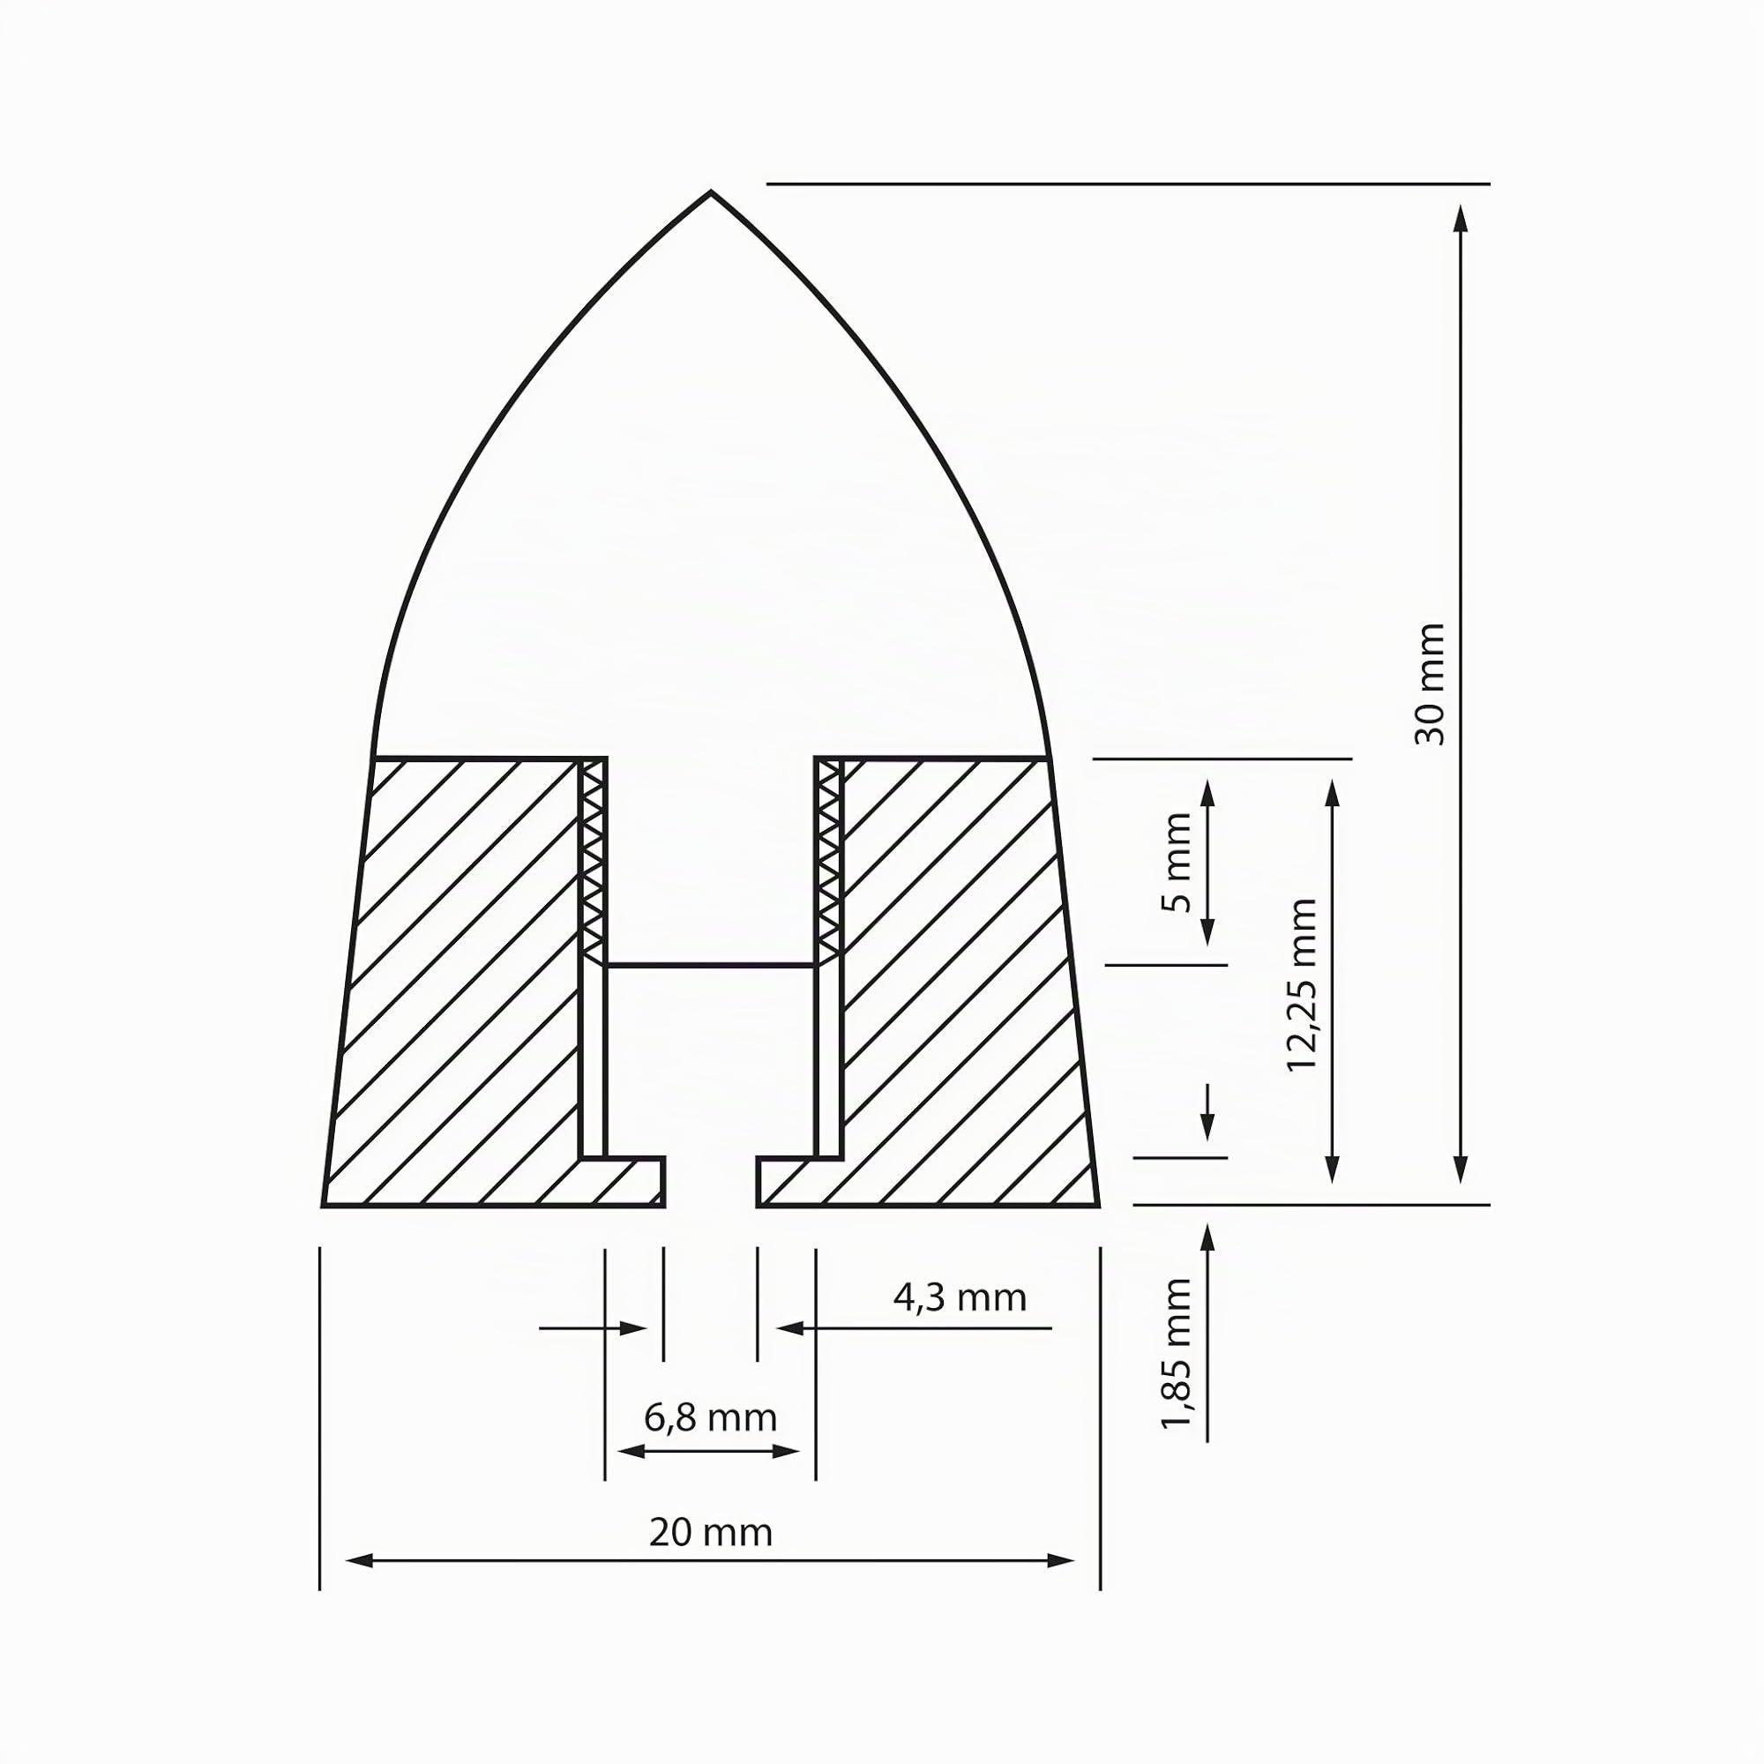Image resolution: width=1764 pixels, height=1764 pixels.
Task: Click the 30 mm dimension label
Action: coord(1430,684)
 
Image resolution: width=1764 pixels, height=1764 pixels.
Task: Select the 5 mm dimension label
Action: coord(1177,862)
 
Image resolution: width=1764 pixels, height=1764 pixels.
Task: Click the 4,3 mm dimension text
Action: coord(960,1297)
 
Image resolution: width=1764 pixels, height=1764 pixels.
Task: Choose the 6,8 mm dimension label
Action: coord(710,1418)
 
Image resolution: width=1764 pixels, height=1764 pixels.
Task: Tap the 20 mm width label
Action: coord(710,1532)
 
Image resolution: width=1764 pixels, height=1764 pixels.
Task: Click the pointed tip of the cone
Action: coord(711,191)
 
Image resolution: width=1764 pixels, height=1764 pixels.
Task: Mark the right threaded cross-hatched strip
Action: coord(829,860)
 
